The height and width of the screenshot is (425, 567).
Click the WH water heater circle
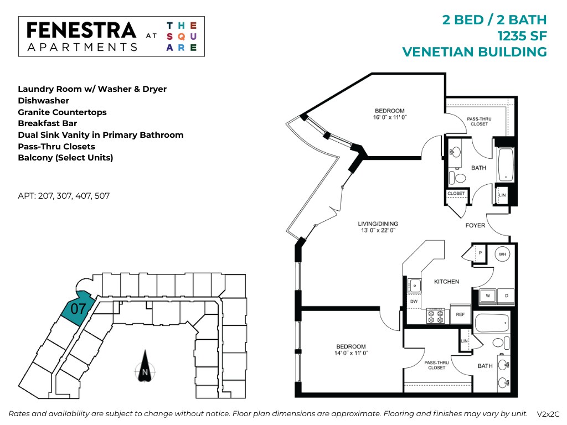[x=503, y=255]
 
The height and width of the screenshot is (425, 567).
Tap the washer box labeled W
[x=487, y=296]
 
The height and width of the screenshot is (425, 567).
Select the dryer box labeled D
[x=506, y=296]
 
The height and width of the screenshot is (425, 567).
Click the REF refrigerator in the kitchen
[x=460, y=314]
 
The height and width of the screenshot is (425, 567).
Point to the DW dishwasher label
[x=414, y=301]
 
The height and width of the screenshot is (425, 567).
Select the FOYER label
[x=475, y=225]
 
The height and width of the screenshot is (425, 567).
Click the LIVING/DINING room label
[x=378, y=224]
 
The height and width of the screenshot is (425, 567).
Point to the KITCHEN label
[x=446, y=282]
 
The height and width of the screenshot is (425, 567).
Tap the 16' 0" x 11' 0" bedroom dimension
[x=389, y=117]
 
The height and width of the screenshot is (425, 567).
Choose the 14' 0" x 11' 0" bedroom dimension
[x=350, y=353]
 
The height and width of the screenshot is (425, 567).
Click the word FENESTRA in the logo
[x=81, y=30]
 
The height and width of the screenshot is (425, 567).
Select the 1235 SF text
[x=522, y=36]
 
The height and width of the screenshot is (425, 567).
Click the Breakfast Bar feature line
[x=47, y=123]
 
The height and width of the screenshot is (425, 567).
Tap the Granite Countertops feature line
[x=62, y=112]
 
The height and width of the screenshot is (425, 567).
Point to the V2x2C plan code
[x=548, y=414]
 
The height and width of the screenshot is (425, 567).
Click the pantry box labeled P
[x=480, y=251]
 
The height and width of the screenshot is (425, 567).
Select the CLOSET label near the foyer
[x=456, y=194]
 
